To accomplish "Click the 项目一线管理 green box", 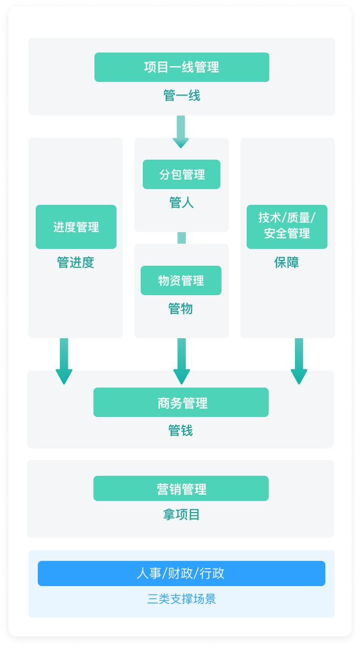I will [182, 67].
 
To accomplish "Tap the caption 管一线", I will [182, 96].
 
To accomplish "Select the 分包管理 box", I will [182, 174].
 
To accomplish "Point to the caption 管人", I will [182, 203].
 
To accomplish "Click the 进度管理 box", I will [76, 227].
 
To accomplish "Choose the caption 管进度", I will [76, 262].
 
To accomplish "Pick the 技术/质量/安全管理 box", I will [287, 227].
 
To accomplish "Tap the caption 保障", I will [287, 262].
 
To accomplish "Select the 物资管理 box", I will [181, 280].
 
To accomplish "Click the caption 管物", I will [181, 309].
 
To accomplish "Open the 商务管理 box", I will [181, 402].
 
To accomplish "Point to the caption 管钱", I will [181, 431].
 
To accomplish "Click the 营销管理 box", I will [181, 488].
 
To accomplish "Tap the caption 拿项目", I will [182, 515].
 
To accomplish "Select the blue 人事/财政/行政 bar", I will [182, 573].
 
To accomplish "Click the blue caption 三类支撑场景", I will [182, 599].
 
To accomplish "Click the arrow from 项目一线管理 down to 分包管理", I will [181, 131].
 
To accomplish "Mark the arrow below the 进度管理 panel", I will [64, 361].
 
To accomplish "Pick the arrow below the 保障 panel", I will [299, 361].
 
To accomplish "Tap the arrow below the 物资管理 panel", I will [182, 361].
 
